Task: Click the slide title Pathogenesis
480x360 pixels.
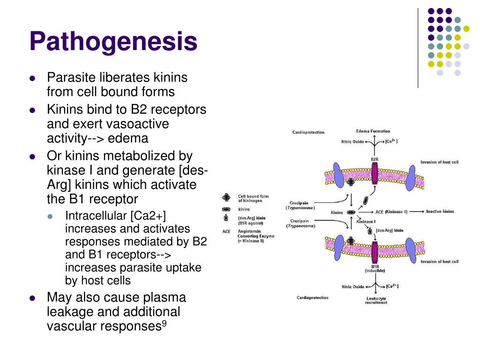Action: coord(113,41)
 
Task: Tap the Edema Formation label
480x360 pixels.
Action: coord(373,131)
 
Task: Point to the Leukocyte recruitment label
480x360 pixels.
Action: coord(376,300)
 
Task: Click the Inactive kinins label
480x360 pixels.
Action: coord(440,211)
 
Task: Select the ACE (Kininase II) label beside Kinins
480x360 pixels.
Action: coord(391,212)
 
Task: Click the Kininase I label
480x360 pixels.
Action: coord(366,221)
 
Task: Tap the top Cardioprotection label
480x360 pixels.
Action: coord(308,133)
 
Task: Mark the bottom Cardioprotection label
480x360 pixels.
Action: coord(312,298)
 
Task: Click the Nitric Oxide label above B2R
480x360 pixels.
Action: coord(352,142)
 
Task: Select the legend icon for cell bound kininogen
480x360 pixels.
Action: coord(226,198)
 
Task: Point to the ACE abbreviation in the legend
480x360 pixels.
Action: coord(226,231)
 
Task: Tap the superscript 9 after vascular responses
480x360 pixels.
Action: coord(164,323)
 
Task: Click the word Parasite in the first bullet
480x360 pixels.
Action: coord(68,77)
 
